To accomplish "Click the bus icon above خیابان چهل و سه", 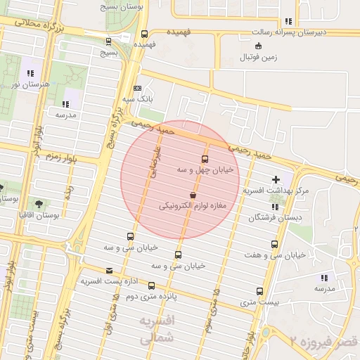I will (205, 159).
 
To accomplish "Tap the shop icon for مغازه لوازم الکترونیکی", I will (193, 195).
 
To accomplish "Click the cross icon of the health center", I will (276, 179).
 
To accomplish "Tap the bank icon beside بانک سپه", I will (137, 88).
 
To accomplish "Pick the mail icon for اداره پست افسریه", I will (108, 271).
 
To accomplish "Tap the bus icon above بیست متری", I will (259, 291).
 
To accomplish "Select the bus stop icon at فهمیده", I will (144, 33).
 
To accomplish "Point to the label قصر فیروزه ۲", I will (325, 341).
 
